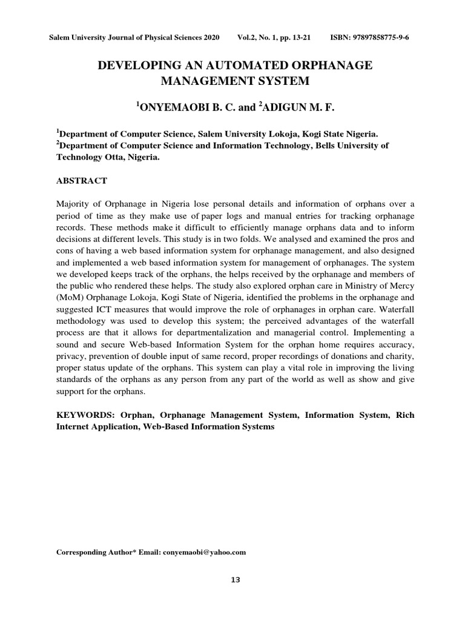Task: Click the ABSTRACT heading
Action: tap(82, 181)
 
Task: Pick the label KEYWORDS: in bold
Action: tap(84, 415)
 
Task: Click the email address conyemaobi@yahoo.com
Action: tap(204, 552)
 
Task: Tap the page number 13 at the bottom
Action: tap(236, 580)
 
